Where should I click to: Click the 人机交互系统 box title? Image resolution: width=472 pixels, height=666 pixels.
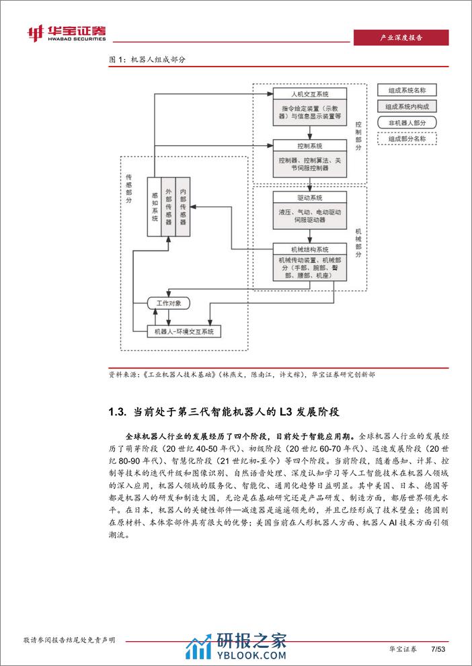coord(310,94)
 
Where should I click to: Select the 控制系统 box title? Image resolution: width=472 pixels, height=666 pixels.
coord(310,145)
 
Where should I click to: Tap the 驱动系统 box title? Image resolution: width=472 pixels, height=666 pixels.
coord(310,198)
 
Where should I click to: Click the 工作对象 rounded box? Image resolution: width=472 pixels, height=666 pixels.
coord(169,303)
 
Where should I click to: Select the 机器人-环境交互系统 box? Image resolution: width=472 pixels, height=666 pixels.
coord(184,331)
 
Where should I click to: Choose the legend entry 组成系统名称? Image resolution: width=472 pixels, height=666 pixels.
coord(407,90)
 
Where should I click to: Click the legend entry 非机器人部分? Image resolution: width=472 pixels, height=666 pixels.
coord(407,122)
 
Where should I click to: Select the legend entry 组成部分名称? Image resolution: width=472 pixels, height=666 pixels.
coord(407,139)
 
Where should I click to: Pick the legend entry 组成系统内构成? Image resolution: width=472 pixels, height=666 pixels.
coord(407,106)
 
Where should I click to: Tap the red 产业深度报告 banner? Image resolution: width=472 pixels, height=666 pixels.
coord(401,38)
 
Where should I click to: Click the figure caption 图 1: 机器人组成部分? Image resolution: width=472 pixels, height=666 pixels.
coord(147,59)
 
